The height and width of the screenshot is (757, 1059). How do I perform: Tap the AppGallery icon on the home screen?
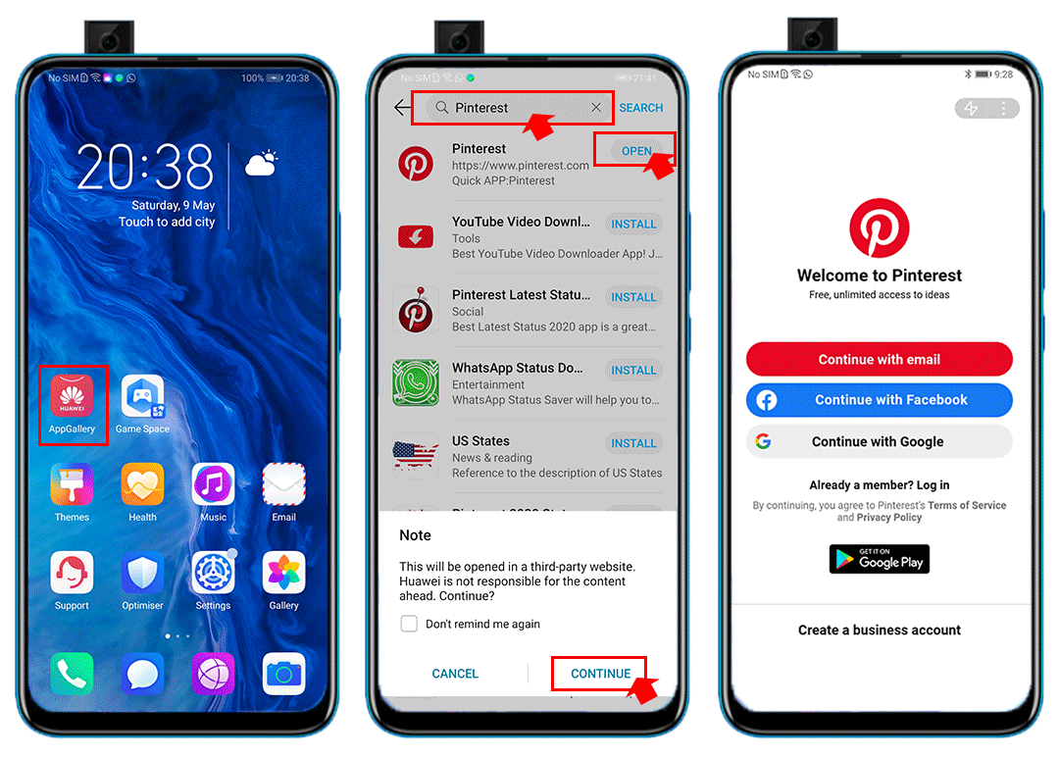(72, 396)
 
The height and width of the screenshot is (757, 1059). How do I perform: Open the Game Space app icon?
(142, 396)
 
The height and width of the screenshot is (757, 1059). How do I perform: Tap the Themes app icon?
(72, 484)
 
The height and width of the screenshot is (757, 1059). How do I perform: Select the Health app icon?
(142, 484)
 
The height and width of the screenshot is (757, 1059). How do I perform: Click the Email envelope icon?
(283, 484)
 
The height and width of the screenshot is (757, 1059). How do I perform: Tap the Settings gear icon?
(213, 573)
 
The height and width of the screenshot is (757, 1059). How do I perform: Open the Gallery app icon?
(283, 573)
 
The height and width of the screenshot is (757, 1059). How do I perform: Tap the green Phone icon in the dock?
(72, 674)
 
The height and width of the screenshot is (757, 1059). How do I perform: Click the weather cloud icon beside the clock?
(261, 163)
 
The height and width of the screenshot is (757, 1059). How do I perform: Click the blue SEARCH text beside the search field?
(641, 108)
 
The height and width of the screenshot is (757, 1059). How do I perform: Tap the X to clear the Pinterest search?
(596, 108)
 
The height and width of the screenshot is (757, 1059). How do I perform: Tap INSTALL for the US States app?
(633, 443)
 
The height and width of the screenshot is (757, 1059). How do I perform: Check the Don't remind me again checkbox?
(410, 624)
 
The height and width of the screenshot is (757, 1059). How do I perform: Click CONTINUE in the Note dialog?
(600, 674)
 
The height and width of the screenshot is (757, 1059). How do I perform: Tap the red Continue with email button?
(879, 360)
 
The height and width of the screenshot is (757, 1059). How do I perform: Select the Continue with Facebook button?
(879, 400)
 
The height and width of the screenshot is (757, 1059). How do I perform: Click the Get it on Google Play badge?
(879, 560)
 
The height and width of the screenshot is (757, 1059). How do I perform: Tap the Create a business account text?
(879, 631)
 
